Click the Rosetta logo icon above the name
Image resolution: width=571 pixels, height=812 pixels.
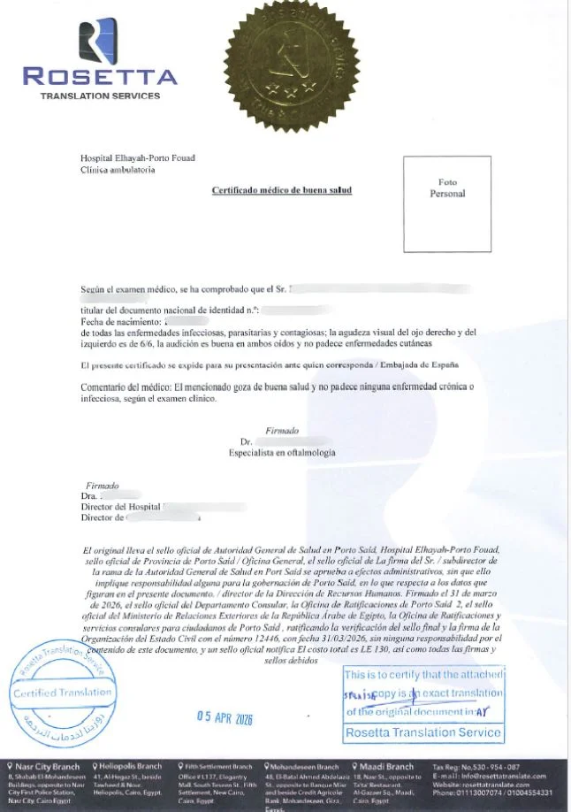point(98,41)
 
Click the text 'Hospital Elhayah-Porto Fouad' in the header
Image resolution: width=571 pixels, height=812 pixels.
point(137,158)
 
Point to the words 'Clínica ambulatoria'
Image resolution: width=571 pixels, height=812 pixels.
point(118,170)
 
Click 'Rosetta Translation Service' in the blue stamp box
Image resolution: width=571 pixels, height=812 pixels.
point(423,732)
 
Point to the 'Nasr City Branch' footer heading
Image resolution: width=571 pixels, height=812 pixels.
point(44,766)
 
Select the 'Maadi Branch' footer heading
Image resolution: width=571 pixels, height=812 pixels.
point(386,766)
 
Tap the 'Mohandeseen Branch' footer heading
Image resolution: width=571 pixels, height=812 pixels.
point(303,766)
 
